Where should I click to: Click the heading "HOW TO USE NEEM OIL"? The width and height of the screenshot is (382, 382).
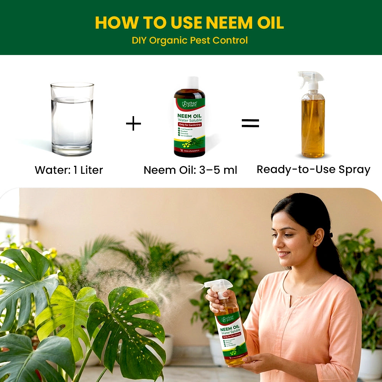tap(189, 23)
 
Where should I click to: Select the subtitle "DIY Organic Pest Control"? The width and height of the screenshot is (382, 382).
tap(189, 40)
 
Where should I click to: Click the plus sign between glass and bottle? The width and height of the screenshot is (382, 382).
tap(133, 124)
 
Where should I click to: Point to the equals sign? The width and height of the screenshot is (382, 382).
tap(250, 123)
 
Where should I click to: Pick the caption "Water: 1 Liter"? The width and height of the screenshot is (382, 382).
tap(69, 170)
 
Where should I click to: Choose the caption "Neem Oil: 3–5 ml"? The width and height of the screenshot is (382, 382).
tap(190, 170)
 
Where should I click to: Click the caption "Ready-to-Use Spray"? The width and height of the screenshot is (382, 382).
tap(313, 169)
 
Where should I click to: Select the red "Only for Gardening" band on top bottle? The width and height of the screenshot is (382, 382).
tap(189, 125)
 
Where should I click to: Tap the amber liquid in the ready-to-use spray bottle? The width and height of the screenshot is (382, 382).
tap(313, 126)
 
